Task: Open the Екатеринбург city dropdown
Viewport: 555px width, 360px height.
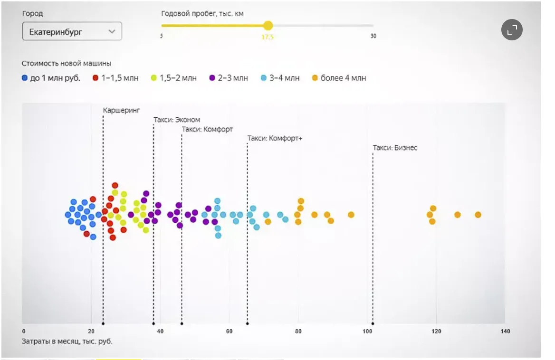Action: click(x=72, y=32)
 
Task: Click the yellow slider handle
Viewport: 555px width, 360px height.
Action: click(x=268, y=26)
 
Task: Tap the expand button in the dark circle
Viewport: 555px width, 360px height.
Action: click(x=512, y=30)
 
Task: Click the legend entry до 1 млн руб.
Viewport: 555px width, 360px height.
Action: click(x=51, y=78)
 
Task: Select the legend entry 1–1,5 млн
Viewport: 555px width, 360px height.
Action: click(x=115, y=78)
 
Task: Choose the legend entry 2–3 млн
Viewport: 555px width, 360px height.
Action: click(x=229, y=78)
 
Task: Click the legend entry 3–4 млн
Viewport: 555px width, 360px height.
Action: click(x=280, y=78)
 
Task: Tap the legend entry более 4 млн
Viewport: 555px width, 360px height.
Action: click(x=339, y=78)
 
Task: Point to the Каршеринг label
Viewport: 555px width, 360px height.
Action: click(x=122, y=111)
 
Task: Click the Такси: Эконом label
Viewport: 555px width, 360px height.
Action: click(x=177, y=120)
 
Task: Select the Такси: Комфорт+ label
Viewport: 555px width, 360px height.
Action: click(x=275, y=138)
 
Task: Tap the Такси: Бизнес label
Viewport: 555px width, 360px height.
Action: click(x=395, y=148)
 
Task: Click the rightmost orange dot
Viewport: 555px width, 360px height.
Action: click(x=478, y=215)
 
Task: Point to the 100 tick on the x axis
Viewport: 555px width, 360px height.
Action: click(x=368, y=331)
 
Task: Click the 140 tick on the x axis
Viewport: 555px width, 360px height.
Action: click(x=505, y=331)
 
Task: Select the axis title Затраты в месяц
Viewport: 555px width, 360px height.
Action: click(x=67, y=341)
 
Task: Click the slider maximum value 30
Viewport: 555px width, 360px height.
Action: click(x=373, y=36)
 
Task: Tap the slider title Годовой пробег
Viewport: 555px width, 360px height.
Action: click(x=202, y=14)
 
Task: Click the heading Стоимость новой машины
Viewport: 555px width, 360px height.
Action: click(x=67, y=63)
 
